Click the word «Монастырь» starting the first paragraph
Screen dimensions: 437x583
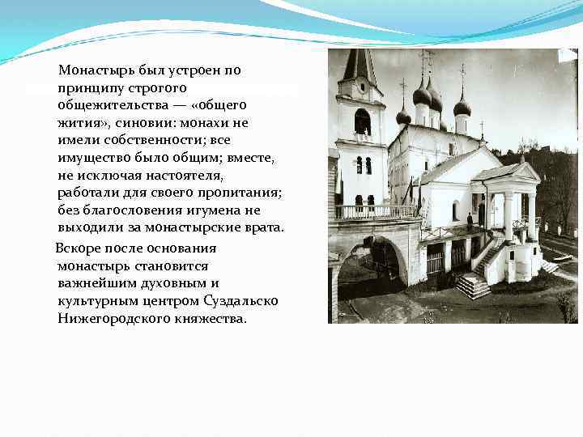91,70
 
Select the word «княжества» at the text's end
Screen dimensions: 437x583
207,319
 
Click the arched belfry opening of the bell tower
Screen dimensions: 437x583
362,121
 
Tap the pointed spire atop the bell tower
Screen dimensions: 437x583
360,64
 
